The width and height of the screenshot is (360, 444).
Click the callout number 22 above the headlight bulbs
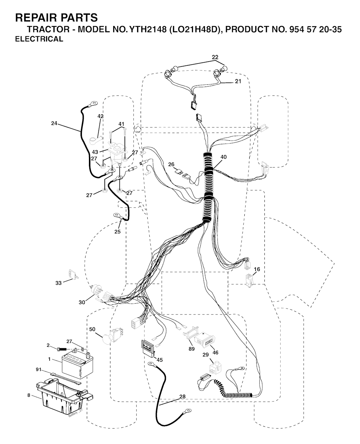[x=215, y=57]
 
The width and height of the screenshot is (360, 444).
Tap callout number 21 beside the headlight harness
[x=238, y=81]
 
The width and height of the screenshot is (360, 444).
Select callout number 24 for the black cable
[x=54, y=123]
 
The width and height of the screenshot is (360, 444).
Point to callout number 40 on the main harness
[x=224, y=157]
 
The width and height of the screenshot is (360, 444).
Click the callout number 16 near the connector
[x=257, y=269]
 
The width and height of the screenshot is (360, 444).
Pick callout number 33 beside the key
[x=59, y=283]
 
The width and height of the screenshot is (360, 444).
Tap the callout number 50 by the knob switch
[x=92, y=329]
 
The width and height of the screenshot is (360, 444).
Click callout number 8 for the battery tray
[x=29, y=395]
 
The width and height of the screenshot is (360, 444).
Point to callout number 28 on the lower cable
[x=182, y=397]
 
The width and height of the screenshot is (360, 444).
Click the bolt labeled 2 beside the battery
[x=62, y=349]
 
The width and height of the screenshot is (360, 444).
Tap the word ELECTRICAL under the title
[x=39, y=39]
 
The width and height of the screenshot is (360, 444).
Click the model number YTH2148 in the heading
[x=148, y=30]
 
